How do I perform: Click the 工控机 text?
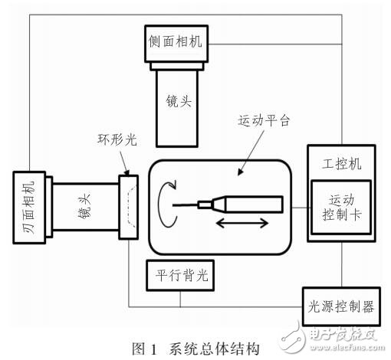[338, 162]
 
